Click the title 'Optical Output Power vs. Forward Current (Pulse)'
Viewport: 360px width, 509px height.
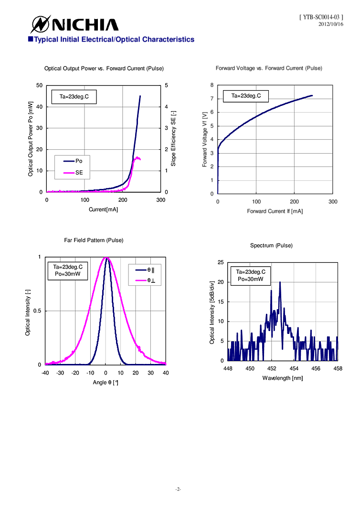click(104, 69)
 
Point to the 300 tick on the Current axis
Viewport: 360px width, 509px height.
click(161, 200)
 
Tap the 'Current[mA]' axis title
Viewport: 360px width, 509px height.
click(103, 209)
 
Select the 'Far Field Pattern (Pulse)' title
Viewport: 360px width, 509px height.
click(94, 240)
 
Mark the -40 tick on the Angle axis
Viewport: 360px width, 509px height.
click(45, 373)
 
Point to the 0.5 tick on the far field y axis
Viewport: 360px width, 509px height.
click(38, 311)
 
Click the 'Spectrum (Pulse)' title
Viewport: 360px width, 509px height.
click(271, 245)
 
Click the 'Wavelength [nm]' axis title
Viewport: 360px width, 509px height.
click(283, 378)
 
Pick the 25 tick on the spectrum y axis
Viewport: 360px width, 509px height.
click(221, 262)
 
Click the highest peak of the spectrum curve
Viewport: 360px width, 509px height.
click(280, 282)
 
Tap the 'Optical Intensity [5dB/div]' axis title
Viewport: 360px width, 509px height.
click(212, 312)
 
